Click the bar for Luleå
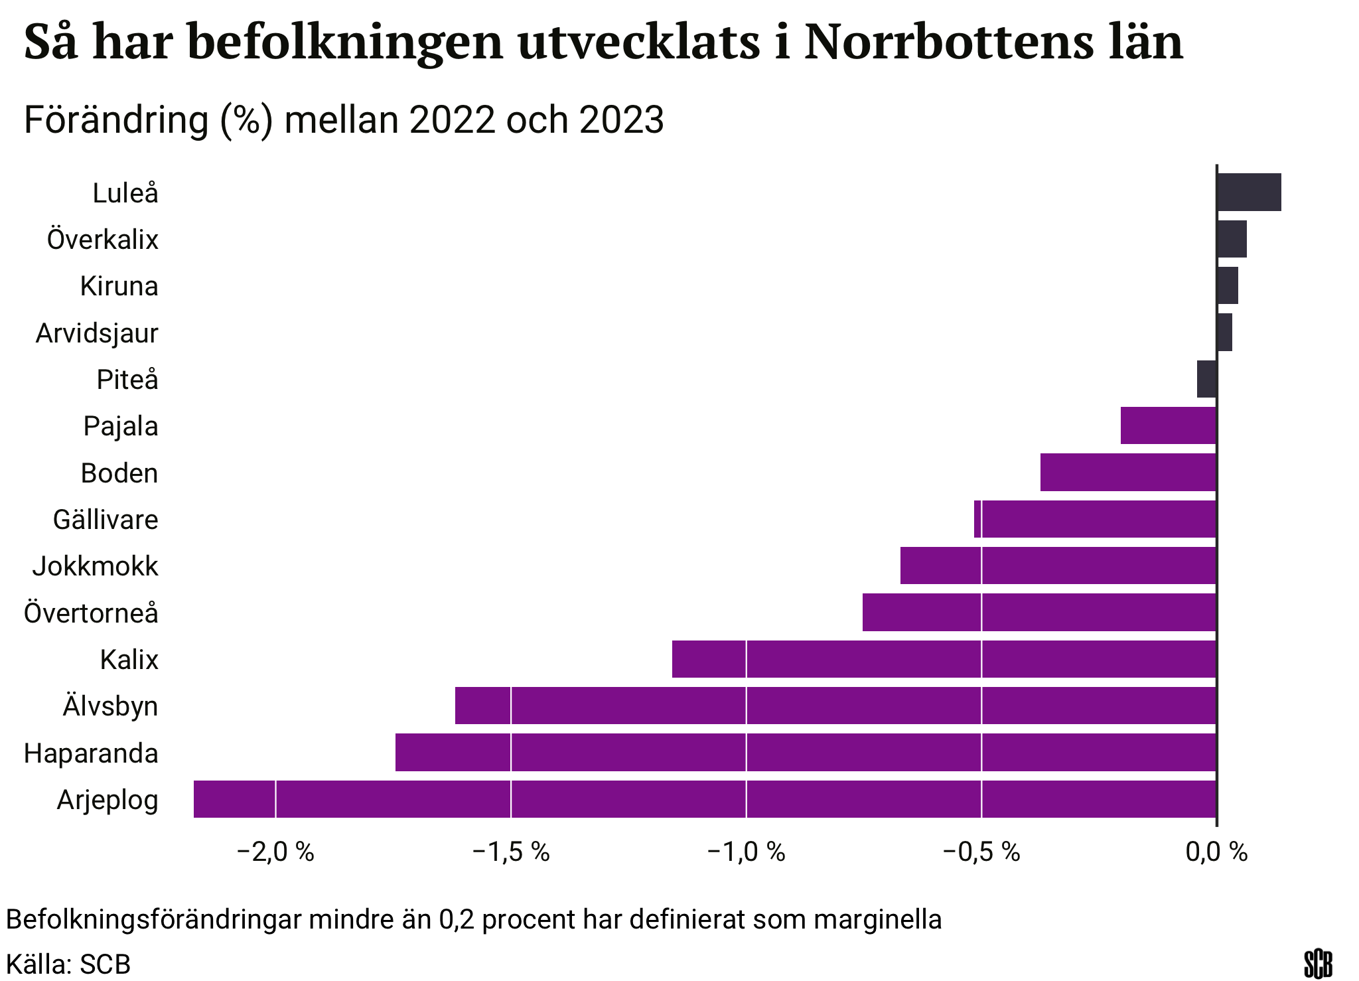point(1248,192)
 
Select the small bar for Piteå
point(1206,379)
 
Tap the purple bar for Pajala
point(1168,425)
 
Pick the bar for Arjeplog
point(705,799)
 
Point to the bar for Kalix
point(944,659)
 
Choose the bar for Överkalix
point(1232,239)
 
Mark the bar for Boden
point(1128,473)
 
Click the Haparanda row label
point(91,753)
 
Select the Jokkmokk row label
point(96,566)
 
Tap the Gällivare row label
point(106,520)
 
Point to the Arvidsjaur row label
point(97,333)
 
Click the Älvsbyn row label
point(110,706)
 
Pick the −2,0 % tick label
point(275,852)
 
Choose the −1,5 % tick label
point(511,852)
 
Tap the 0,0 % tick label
point(1216,852)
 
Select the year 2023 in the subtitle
point(621,120)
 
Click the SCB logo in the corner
point(1318,964)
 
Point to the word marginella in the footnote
point(877,919)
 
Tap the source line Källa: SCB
point(68,964)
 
